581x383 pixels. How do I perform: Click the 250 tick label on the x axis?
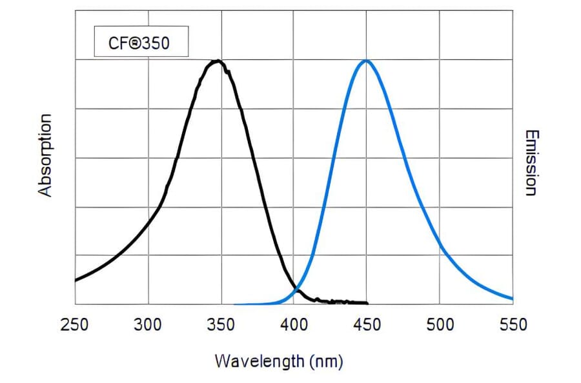point(74,325)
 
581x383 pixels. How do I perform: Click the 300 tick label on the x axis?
point(148,325)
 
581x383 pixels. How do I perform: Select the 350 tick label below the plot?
point(221,325)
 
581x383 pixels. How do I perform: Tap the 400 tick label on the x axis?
point(294,325)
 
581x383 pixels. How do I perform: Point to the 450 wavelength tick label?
point(366,325)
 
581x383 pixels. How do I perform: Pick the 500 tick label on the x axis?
point(439,325)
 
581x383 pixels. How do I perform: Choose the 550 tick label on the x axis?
point(513,325)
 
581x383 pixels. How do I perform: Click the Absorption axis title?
point(44,155)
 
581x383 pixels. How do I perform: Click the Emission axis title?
point(531,162)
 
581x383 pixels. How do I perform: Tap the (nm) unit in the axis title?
point(326,360)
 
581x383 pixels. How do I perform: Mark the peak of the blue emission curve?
point(366,60)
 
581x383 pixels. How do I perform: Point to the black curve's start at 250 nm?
point(76,280)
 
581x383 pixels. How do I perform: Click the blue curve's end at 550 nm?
point(513,299)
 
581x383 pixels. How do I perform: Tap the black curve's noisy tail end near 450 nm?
point(367,303)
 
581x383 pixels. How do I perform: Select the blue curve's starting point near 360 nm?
point(235,304)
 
